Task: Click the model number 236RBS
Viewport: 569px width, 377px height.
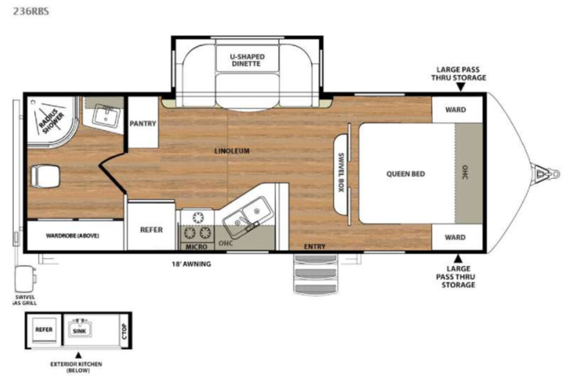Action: point(31,11)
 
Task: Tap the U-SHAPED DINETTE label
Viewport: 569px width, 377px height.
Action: point(247,60)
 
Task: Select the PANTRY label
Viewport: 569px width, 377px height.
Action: point(143,123)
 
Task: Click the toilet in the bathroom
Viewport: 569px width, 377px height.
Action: point(45,176)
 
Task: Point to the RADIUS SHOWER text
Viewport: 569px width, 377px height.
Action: point(52,121)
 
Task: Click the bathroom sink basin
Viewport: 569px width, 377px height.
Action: point(106,115)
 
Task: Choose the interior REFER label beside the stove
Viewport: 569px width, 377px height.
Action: point(151,230)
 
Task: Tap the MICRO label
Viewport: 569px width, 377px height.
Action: point(196,247)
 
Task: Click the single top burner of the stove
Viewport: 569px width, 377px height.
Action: point(198,217)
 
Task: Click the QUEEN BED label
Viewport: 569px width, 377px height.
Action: point(405,174)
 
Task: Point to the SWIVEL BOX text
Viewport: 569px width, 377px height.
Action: point(341,172)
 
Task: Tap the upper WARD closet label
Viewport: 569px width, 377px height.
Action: point(456,110)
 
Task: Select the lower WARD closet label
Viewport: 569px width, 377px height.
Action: point(455,237)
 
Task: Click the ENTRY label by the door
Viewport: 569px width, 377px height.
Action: point(315,247)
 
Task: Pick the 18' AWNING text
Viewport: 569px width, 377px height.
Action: point(191,264)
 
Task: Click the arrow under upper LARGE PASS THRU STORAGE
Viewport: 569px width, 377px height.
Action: point(461,87)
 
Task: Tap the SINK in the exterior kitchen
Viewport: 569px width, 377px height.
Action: point(79,330)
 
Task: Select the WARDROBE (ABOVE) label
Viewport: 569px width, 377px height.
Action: point(73,236)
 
